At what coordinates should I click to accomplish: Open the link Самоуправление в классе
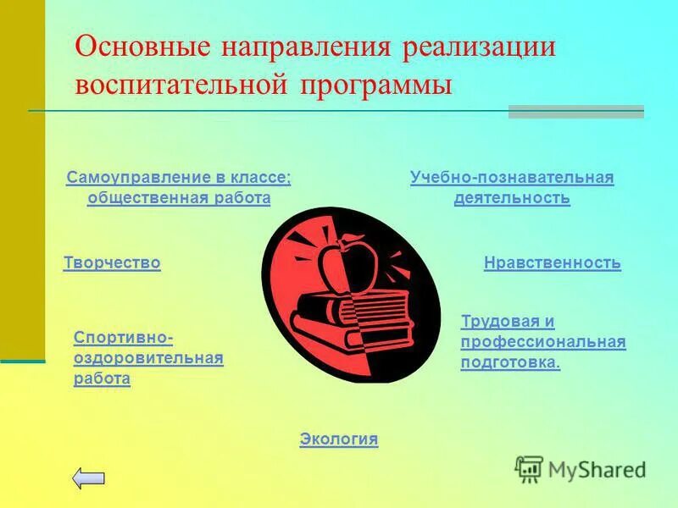[x=178, y=178]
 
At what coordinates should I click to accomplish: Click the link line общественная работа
[x=178, y=198]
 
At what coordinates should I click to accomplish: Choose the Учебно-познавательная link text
[x=511, y=178]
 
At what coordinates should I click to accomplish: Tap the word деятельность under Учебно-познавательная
[x=511, y=198]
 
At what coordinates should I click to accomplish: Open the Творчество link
[x=112, y=263]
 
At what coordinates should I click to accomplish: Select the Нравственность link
[x=552, y=263]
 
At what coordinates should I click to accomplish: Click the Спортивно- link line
[x=124, y=339]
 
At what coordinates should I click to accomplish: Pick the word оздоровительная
[x=148, y=359]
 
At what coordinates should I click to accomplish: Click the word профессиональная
[x=542, y=342]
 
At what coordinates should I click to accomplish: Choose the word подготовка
[x=509, y=362]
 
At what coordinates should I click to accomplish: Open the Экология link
[x=338, y=439]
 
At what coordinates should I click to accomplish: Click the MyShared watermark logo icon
[x=529, y=467]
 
